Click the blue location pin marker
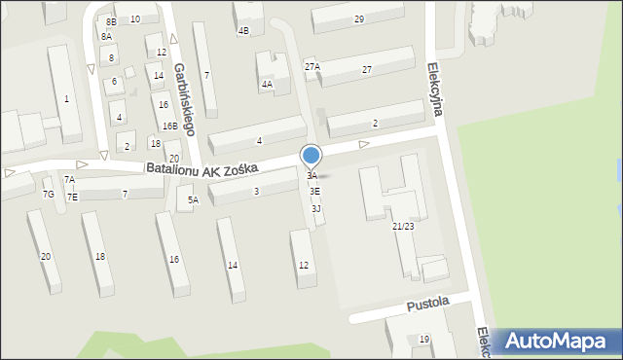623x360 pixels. (311, 156)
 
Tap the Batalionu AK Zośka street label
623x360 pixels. (202, 168)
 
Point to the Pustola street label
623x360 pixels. (427, 303)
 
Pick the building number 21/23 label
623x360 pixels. (404, 226)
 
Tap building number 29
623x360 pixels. (359, 19)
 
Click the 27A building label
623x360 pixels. (311, 66)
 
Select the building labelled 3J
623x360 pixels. (316, 208)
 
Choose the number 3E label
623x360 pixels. (314, 192)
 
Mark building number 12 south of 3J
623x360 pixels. (304, 266)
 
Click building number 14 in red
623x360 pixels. (233, 265)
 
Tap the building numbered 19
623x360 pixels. (424, 339)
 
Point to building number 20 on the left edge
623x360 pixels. (45, 256)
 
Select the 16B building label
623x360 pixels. (169, 126)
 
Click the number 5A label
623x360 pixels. (193, 200)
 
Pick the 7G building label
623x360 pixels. (48, 195)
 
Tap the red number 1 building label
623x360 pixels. (66, 98)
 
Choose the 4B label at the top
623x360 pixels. (243, 30)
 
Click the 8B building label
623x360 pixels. (111, 21)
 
